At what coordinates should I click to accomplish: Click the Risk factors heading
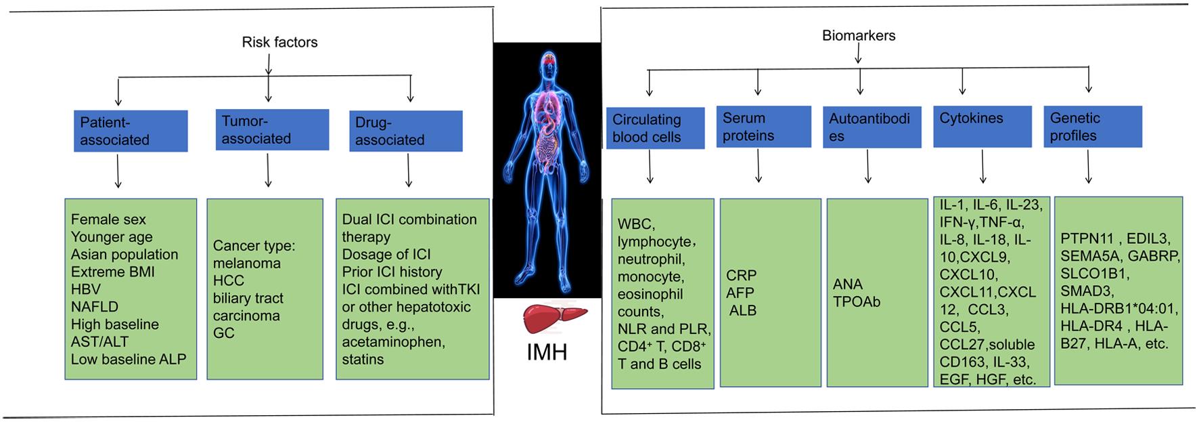279,42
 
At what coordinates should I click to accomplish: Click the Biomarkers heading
858,35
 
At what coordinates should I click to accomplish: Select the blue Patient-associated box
130,131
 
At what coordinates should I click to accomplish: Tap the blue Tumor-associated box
271,129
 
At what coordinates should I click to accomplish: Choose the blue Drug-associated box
408,131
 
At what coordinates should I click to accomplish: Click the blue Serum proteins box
763,127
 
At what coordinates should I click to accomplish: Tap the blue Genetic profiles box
1092,127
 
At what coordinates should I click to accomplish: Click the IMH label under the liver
547,353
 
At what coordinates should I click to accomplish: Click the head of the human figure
547,65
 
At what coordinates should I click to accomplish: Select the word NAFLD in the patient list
95,307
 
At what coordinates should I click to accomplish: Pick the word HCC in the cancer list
228,280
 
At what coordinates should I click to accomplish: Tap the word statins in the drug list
363,360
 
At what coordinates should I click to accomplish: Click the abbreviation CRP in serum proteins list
741,276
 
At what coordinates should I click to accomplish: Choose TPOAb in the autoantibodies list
857,302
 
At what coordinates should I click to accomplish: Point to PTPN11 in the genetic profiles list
1085,238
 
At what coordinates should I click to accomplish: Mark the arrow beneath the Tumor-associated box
269,170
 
